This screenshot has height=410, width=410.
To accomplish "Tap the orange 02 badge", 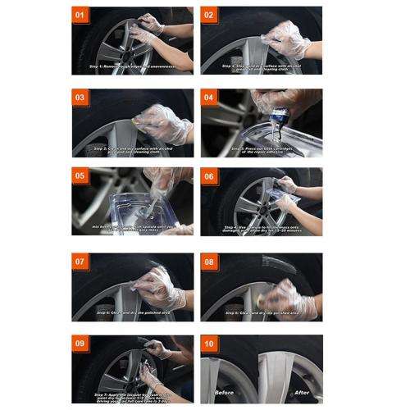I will tap(210, 15).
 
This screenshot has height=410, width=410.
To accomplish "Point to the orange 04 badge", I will tap(210, 97).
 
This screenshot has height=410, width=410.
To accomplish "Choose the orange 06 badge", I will tap(210, 175).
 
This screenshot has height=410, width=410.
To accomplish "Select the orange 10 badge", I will tap(210, 342).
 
